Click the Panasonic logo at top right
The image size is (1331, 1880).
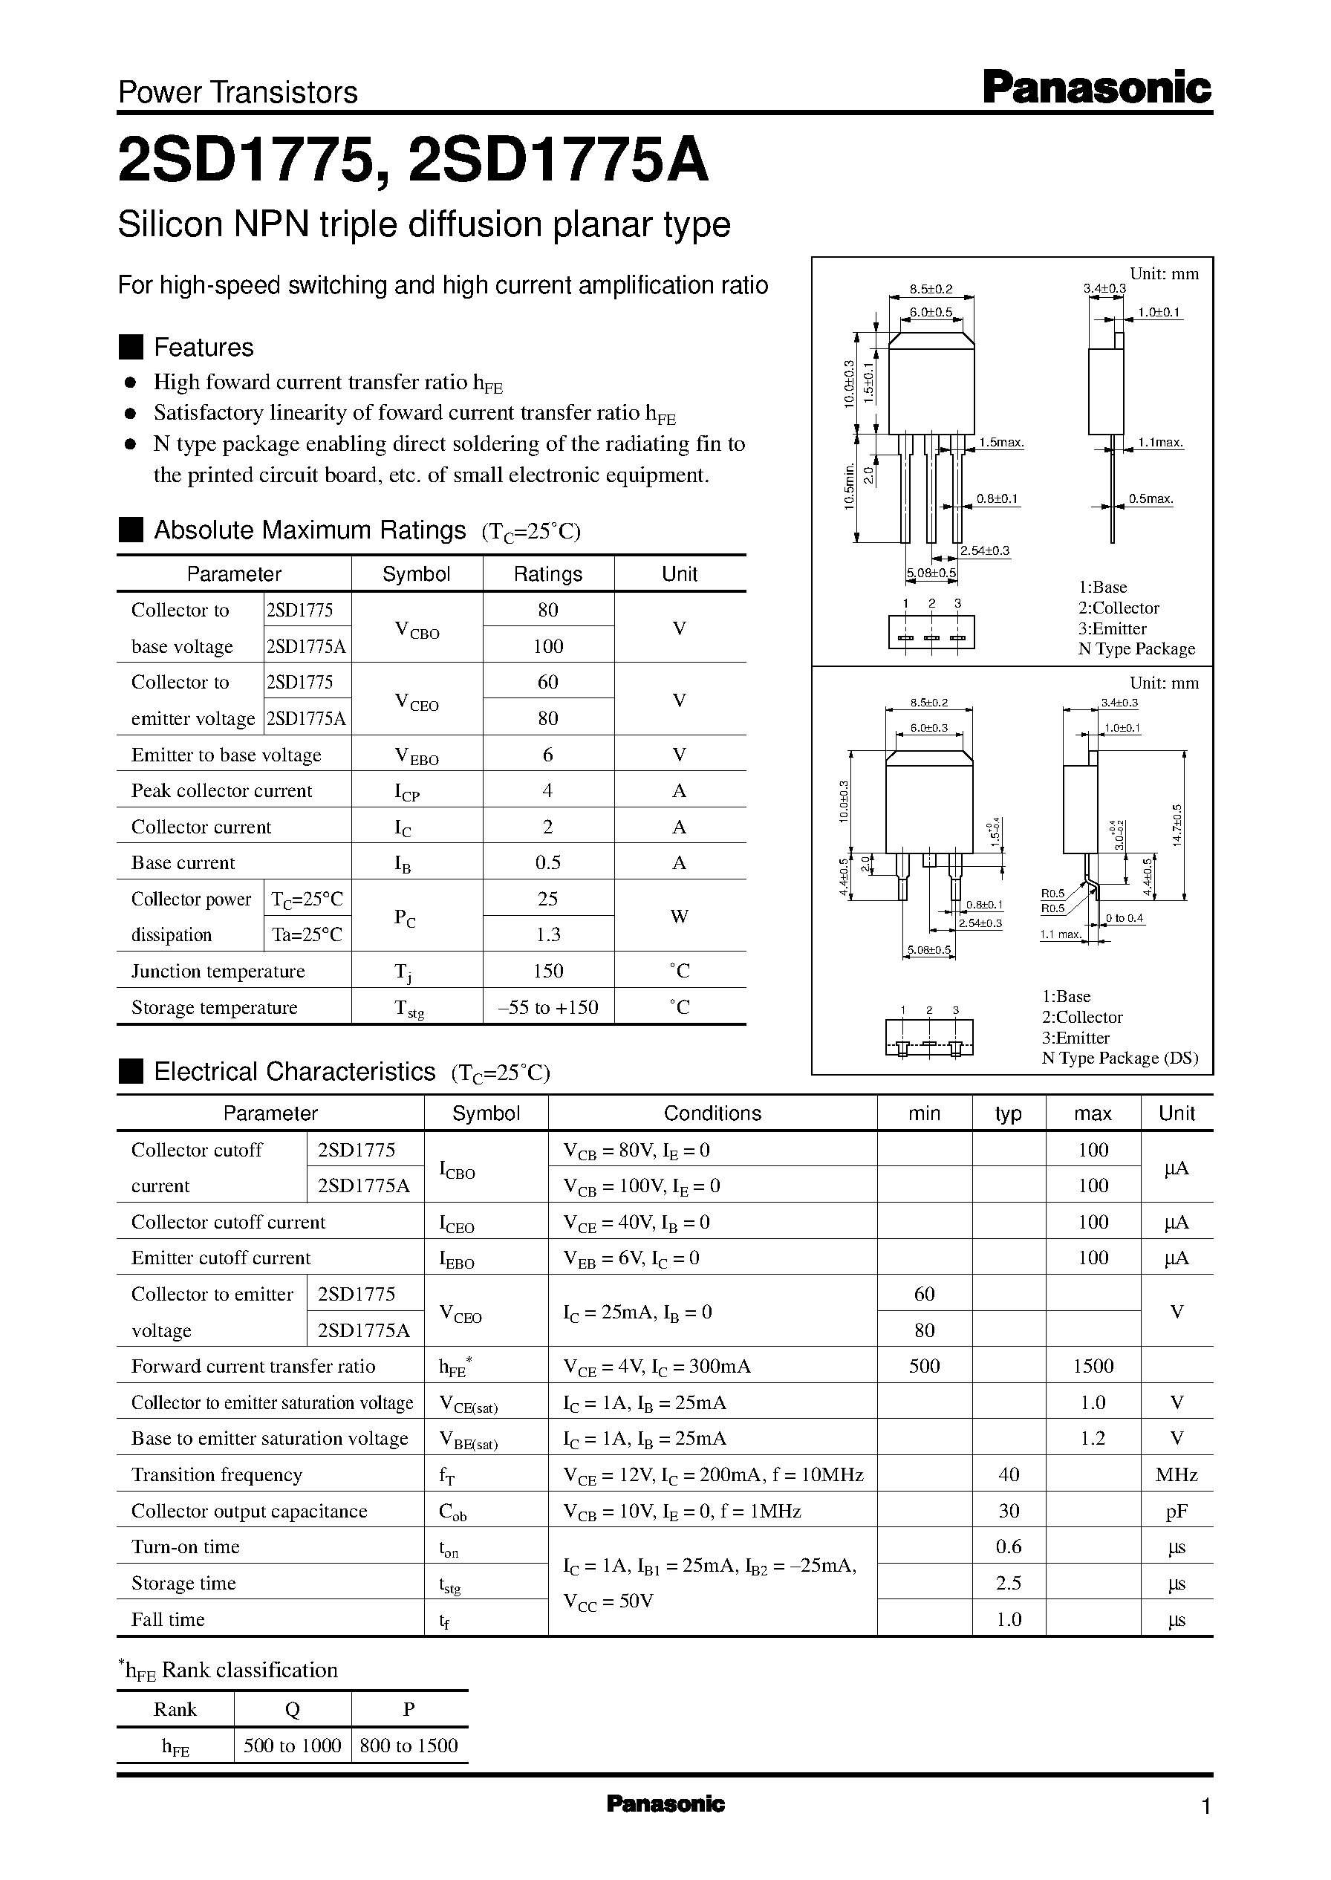click(1096, 88)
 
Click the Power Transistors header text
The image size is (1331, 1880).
click(238, 93)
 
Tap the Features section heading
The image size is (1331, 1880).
click(204, 348)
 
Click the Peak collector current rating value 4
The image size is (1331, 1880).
click(547, 791)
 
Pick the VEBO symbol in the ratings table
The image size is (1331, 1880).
click(417, 755)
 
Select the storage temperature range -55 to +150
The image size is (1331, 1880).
click(547, 1007)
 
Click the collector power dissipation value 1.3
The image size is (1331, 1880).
click(547, 935)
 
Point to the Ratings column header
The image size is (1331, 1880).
click(547, 574)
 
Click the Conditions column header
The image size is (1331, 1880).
click(712, 1113)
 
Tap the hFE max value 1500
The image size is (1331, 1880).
click(1093, 1366)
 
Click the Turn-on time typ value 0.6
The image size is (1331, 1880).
click(1008, 1547)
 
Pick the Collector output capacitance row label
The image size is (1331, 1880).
click(249, 1512)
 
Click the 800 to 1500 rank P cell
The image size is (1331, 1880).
click(409, 1746)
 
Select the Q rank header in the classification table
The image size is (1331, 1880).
click(292, 1710)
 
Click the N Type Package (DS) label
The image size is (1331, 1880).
click(1119, 1058)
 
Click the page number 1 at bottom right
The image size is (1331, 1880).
click(1205, 1807)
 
